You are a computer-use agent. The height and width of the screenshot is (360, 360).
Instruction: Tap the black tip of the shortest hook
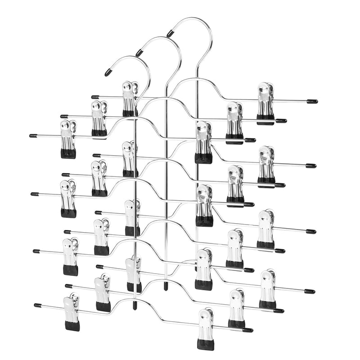point(108,72)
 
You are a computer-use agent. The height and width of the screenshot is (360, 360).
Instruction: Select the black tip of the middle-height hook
point(139,53)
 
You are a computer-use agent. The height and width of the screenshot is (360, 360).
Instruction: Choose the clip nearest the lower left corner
point(72,312)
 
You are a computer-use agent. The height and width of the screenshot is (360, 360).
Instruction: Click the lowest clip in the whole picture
point(206,328)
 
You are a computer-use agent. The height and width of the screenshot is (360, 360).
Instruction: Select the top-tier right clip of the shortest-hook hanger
point(203,142)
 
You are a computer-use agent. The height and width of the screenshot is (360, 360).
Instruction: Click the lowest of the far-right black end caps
point(310,291)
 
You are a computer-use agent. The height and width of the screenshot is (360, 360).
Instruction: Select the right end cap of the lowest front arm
point(247,330)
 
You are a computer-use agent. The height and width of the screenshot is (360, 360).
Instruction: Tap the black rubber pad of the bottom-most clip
point(205,344)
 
